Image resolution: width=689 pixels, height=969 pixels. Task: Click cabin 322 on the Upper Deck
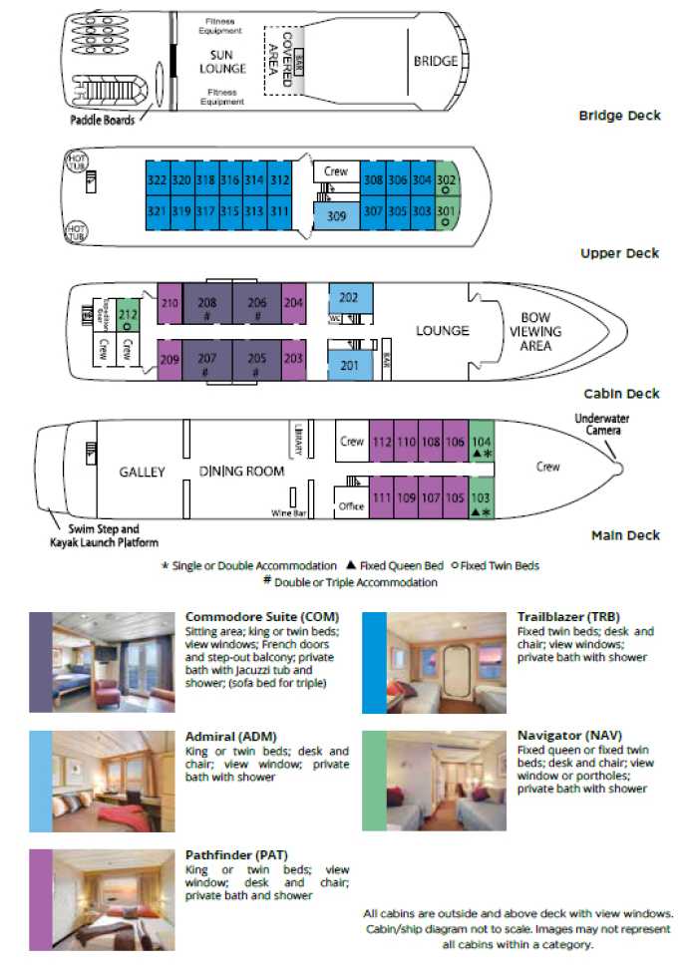pyautogui.click(x=157, y=180)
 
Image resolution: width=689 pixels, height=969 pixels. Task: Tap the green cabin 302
pyautogui.click(x=447, y=180)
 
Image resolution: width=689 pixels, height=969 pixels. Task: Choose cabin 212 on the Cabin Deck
pyautogui.click(x=128, y=315)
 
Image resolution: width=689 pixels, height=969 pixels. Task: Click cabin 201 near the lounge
pyautogui.click(x=349, y=366)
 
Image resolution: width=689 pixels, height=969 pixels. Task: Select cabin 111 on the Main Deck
pyautogui.click(x=381, y=498)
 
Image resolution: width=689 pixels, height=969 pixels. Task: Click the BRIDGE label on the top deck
pyautogui.click(x=436, y=62)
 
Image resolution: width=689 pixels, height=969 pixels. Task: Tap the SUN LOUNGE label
pyautogui.click(x=228, y=61)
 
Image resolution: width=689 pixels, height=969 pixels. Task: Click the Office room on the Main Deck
pyautogui.click(x=351, y=506)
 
